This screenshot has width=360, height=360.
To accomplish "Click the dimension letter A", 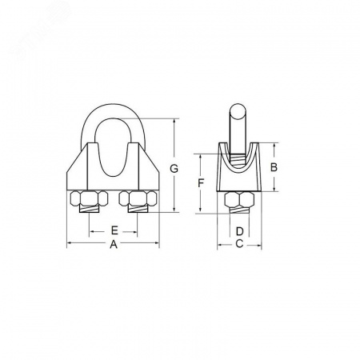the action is (114, 244).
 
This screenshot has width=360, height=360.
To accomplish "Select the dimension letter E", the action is (114, 230).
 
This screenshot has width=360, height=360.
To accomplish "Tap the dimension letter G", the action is (174, 169).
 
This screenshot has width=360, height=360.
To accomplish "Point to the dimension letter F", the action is (201, 183).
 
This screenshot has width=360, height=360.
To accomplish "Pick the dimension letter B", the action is (274, 167).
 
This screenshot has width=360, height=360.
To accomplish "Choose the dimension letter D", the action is (240, 231).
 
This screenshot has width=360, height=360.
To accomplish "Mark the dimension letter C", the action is (239, 243).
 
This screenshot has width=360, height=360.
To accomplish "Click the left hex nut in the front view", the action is (89, 198).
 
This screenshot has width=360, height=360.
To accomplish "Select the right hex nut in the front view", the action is (138, 198).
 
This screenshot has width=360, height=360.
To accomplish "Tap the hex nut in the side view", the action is (239, 200).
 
